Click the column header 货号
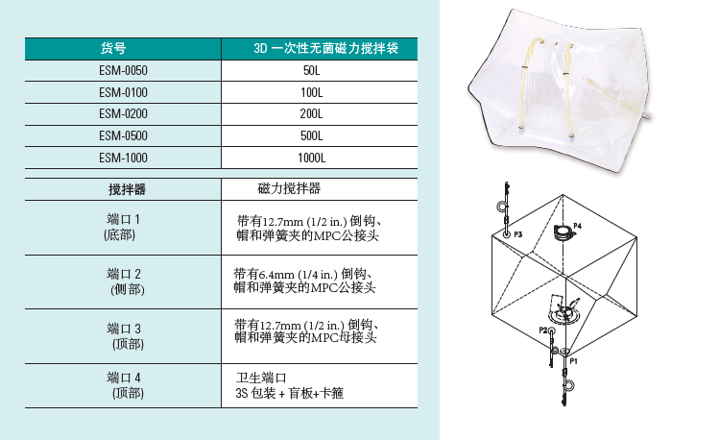[x=113, y=48]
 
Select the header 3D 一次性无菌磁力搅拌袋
[x=326, y=48]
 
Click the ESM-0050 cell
[x=123, y=71]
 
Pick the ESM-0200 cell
[x=123, y=113]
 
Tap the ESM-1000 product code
[x=123, y=158]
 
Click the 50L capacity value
[x=312, y=71]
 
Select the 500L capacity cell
[x=312, y=135]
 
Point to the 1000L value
[x=312, y=158]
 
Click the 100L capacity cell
[x=312, y=92]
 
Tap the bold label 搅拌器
[x=127, y=189]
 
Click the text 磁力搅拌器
[x=289, y=188]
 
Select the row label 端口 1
[x=123, y=219]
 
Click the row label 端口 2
[x=124, y=274]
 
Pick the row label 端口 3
[x=124, y=329]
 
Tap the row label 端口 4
[x=124, y=378]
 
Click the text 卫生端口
[x=261, y=379]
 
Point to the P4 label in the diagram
[x=577, y=226]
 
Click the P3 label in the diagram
[x=517, y=234]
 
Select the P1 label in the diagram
[x=574, y=361]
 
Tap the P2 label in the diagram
[x=543, y=330]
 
